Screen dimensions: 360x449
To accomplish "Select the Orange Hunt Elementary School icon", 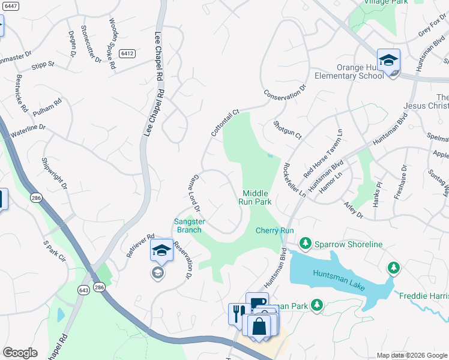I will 389,61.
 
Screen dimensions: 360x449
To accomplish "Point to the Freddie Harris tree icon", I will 394,267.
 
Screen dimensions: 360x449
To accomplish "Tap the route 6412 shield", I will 126,53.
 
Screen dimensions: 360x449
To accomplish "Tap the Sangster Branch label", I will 189,226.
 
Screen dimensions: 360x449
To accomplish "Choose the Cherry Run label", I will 274,230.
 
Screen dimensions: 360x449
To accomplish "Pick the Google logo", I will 20,353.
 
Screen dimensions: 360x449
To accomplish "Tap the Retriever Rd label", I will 141,245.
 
